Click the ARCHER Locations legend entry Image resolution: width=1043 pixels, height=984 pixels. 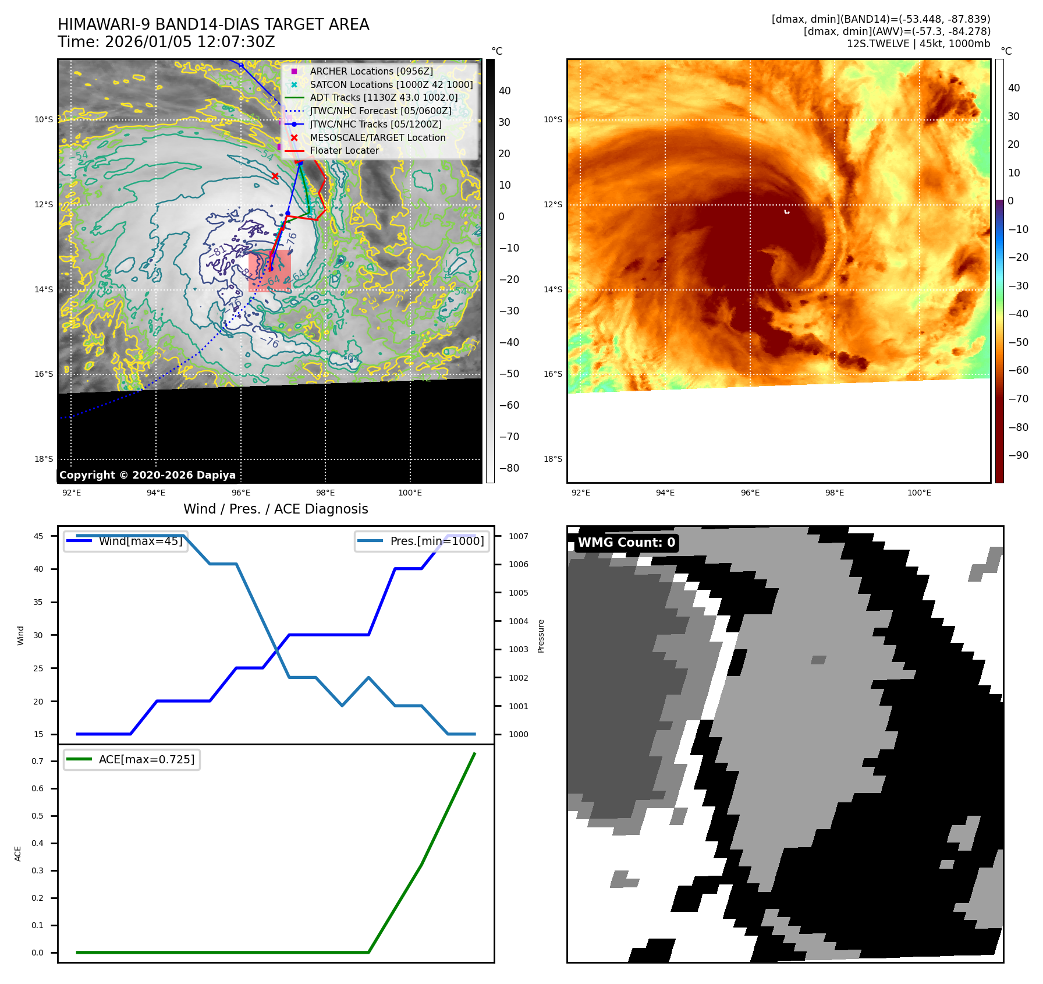tap(371, 71)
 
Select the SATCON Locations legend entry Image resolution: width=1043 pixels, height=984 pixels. tap(391, 84)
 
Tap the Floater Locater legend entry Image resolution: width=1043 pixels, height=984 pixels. tap(344, 150)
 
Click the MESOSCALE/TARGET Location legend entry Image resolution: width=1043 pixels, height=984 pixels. tap(377, 137)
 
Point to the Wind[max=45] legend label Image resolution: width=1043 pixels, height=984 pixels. tap(140, 541)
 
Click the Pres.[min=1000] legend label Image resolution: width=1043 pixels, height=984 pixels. tap(437, 541)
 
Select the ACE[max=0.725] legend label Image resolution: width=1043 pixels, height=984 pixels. tap(146, 759)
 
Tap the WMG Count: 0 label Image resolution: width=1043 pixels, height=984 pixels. tap(626, 543)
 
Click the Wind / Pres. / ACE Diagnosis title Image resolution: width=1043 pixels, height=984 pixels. tap(275, 509)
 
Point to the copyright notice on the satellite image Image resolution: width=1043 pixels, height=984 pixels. tap(147, 475)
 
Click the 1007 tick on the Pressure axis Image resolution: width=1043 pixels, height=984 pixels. tap(518, 536)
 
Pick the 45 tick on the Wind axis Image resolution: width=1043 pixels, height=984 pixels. tap(38, 536)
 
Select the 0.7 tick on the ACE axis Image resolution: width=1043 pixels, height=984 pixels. tap(37, 761)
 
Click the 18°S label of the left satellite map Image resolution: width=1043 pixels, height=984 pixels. tap(44, 459)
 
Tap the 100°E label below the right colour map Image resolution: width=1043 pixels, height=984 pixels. tap(919, 493)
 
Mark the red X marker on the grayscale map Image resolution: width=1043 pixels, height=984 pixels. tap(275, 176)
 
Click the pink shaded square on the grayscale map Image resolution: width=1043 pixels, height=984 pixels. tap(269, 271)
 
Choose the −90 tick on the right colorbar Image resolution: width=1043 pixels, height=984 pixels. tap(1018, 455)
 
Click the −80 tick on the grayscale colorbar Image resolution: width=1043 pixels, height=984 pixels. tap(509, 468)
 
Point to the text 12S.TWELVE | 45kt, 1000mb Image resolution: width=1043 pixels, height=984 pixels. tap(918, 44)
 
